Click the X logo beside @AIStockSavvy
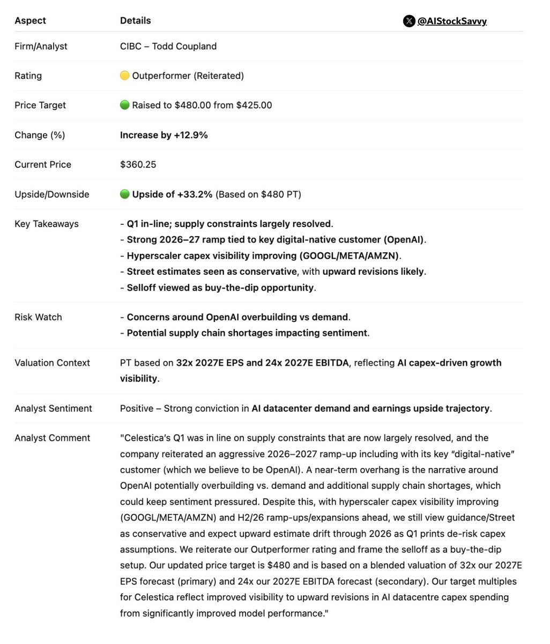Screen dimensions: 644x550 [409, 21]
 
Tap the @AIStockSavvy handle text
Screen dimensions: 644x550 [452, 21]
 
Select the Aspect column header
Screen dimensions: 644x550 [30, 20]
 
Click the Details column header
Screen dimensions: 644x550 [135, 20]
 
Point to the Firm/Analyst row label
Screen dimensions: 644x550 [41, 46]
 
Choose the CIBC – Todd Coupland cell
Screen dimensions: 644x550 [168, 46]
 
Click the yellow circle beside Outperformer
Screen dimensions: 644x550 [124, 76]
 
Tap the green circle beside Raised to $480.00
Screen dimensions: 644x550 [124, 105]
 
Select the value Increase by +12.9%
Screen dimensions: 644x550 [163, 135]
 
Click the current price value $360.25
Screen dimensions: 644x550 [138, 164]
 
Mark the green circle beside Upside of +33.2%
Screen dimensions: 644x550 [124, 194]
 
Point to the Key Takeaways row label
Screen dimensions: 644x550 [46, 224]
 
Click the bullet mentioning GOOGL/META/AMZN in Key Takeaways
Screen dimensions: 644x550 [261, 255]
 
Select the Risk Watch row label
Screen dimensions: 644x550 [38, 317]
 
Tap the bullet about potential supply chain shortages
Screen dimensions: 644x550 [244, 333]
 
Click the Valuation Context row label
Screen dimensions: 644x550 [52, 363]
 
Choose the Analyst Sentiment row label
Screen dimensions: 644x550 [53, 408]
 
